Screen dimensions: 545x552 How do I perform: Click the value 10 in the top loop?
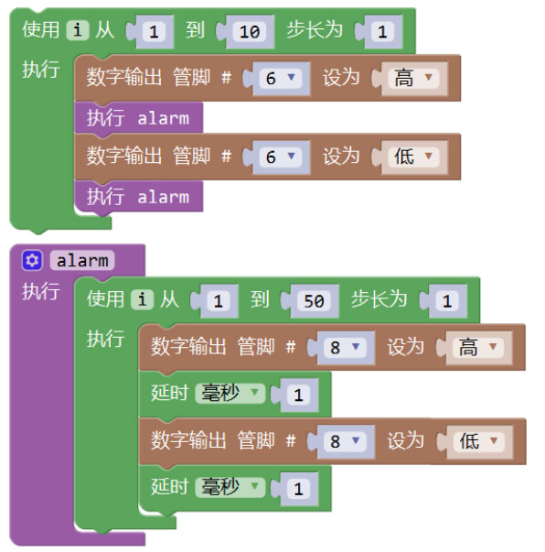click(250, 32)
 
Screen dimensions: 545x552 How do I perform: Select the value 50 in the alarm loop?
click(314, 301)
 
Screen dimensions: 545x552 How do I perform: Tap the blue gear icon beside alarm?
click(32, 261)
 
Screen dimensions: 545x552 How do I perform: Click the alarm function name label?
click(82, 261)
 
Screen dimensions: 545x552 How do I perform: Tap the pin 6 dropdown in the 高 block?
click(280, 78)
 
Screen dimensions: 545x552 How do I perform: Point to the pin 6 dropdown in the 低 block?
click(280, 157)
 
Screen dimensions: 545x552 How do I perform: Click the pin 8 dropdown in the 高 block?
click(345, 348)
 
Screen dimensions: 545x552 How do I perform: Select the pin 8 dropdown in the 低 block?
click(345, 441)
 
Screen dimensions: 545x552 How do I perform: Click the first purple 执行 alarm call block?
click(138, 118)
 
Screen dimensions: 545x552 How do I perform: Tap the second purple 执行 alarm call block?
click(138, 197)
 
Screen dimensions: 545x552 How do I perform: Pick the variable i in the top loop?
click(78, 30)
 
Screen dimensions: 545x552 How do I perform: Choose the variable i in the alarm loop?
click(142, 300)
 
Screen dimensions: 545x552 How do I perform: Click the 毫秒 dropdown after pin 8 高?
click(230, 394)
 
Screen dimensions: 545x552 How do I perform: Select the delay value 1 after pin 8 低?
click(298, 489)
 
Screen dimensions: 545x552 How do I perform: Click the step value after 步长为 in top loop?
click(382, 32)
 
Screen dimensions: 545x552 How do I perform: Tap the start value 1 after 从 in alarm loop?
click(218, 301)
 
